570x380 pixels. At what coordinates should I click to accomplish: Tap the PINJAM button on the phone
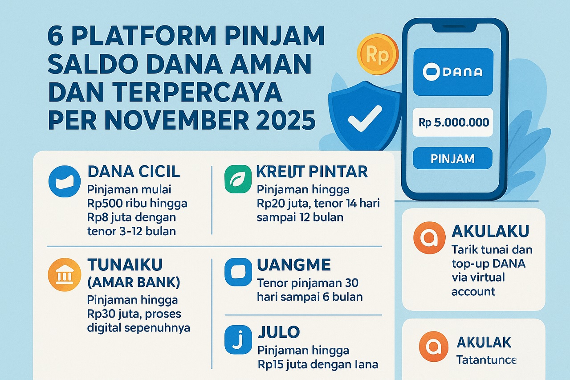[452, 159]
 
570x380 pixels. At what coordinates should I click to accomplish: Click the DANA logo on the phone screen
[453, 72]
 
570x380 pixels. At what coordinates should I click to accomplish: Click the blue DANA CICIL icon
[64, 181]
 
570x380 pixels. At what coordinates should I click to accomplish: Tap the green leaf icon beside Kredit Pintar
[238, 179]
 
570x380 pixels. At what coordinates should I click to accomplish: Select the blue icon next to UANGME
[238, 272]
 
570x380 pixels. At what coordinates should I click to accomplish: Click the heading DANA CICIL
[134, 172]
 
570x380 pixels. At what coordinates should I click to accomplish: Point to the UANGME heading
[293, 265]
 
